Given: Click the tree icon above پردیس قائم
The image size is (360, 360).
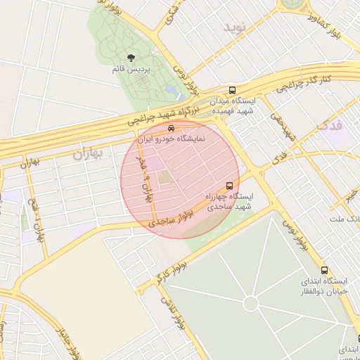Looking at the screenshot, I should [x=130, y=58].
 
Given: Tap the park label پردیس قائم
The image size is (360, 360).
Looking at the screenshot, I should [x=130, y=70].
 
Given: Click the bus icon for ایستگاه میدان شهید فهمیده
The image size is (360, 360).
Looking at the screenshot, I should [x=232, y=90].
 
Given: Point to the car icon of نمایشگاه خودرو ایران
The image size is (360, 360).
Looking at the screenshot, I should [x=172, y=129].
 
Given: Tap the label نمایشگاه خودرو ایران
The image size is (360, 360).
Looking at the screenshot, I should [x=172, y=139].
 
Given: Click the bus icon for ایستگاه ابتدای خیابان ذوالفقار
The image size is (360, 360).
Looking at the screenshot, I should [x=324, y=270].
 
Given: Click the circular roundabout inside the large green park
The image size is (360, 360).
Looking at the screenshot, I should [x=250, y=303].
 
